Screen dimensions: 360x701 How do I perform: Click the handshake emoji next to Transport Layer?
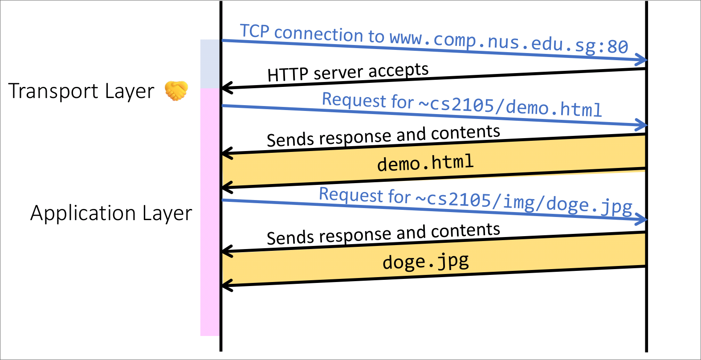(176, 90)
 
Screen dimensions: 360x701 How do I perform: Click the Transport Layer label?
(81, 91)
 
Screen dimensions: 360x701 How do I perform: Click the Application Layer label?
(111, 213)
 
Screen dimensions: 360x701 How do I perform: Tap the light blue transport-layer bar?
(210, 64)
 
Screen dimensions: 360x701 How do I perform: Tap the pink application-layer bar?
(210, 212)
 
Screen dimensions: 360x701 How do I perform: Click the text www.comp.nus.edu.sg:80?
(509, 43)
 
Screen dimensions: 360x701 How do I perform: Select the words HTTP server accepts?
(348, 72)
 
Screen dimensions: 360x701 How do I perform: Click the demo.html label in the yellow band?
(425, 163)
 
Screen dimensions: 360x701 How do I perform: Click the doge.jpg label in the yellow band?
(426, 262)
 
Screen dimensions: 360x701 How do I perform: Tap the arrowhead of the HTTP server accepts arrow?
(225, 88)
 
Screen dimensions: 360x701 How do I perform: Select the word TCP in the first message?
(255, 31)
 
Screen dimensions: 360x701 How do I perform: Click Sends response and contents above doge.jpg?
(383, 233)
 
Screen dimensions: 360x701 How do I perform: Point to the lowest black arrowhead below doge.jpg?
(225, 285)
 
